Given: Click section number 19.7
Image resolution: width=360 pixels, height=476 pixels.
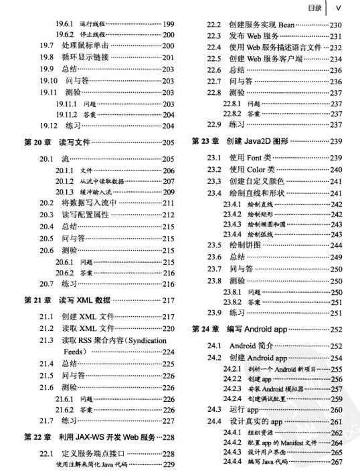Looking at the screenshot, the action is [x=46, y=45].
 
